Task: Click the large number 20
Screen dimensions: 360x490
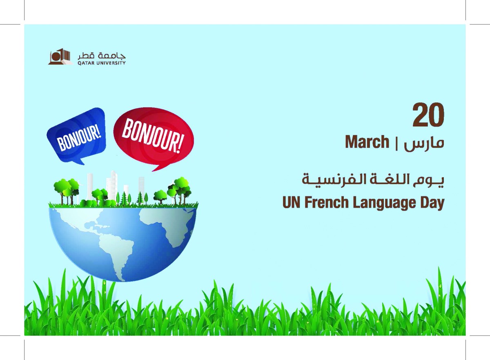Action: point(428,116)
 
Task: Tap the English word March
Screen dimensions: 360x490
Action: point(367,142)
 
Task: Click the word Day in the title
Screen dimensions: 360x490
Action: point(432,203)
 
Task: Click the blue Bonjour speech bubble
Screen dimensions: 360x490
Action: point(76,133)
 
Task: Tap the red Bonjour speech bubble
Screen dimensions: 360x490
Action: point(153,137)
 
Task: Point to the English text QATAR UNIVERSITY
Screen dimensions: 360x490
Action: point(101,63)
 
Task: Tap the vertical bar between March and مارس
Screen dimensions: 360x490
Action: point(396,143)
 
